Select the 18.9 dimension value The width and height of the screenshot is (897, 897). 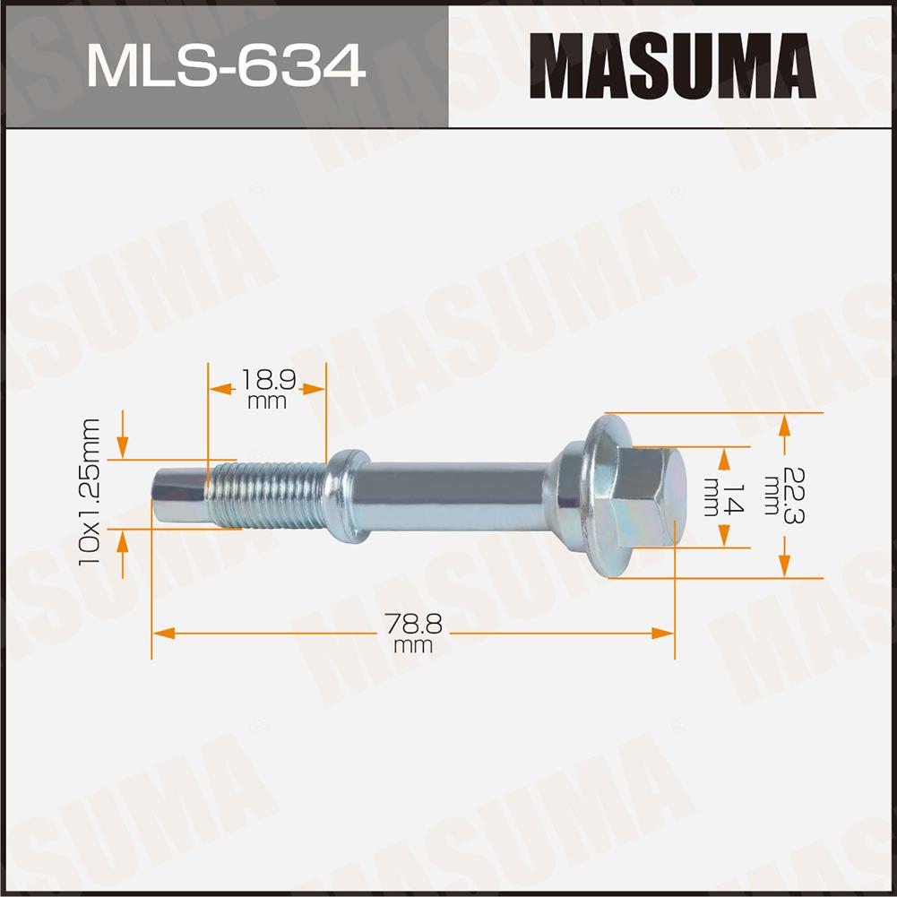(x=268, y=380)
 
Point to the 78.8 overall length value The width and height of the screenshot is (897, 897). (x=413, y=624)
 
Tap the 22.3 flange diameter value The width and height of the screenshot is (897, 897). (x=793, y=496)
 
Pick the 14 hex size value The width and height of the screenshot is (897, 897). (x=733, y=497)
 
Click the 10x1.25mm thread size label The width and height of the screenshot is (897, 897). (x=90, y=492)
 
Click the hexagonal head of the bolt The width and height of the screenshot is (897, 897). (x=650, y=496)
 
